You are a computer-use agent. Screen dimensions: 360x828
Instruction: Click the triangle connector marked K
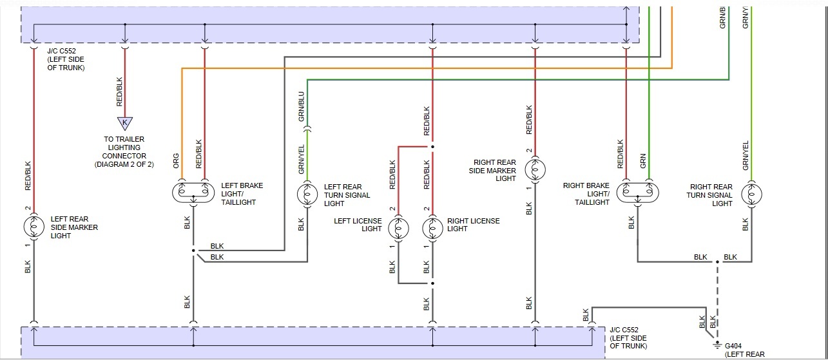124,123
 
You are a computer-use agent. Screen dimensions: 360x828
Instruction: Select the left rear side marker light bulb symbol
34,227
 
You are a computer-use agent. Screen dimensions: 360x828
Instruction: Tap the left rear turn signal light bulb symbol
307,193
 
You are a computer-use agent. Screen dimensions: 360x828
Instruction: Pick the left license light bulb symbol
398,228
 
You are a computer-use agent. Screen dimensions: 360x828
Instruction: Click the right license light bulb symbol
432,228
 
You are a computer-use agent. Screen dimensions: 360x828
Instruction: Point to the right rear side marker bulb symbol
535,170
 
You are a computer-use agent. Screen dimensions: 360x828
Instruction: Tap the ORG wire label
177,161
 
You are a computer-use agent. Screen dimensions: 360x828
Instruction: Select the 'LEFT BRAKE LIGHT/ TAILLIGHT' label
242,194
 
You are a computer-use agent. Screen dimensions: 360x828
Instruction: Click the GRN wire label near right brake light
643,161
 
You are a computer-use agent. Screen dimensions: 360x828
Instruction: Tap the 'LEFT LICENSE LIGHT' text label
358,225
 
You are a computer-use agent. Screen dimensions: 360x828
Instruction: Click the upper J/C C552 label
66,59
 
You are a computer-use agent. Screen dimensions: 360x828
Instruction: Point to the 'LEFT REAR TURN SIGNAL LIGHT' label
347,195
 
